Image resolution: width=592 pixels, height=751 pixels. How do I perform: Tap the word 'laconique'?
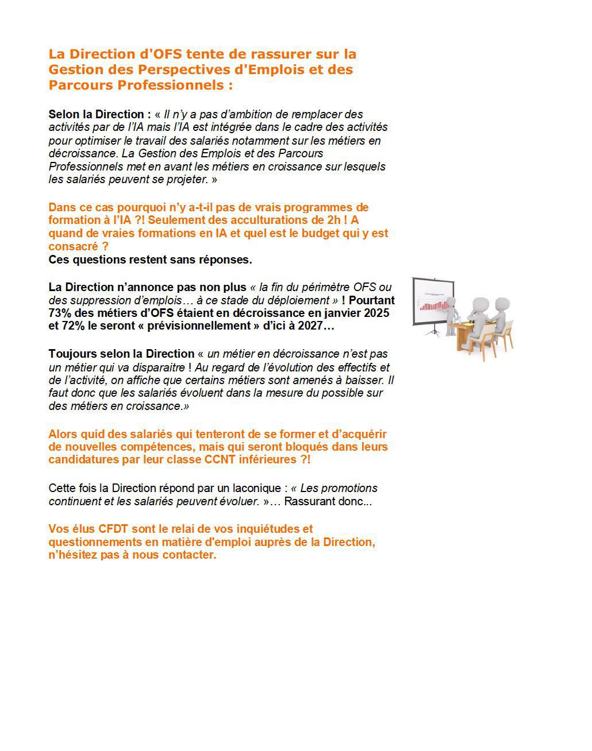pos(257,488)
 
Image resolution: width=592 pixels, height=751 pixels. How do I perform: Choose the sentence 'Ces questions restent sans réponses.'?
pos(150,260)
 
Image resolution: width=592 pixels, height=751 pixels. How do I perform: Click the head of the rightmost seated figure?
pos(502,304)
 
